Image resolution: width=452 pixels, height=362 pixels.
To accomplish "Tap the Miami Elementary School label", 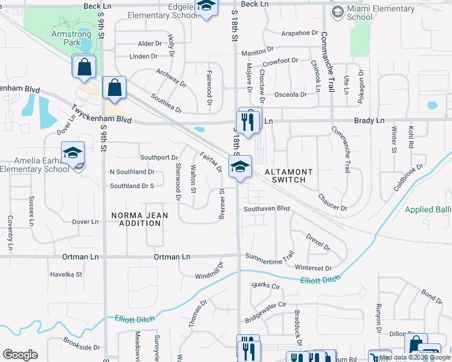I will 360,13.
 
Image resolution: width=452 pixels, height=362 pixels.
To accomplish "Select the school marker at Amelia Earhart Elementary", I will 73,154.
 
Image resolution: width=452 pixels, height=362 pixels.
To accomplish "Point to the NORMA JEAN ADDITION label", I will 137,219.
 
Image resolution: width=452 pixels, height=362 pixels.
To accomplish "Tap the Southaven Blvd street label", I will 267,209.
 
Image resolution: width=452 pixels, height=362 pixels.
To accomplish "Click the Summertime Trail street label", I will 269,255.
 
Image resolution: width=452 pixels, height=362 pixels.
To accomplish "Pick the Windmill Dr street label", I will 209,269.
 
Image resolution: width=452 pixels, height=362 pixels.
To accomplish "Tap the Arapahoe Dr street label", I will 291,33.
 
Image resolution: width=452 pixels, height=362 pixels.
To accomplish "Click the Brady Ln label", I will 369,121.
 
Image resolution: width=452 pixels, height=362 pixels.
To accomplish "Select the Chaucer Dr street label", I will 332,202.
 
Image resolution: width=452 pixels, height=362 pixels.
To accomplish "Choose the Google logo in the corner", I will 20,355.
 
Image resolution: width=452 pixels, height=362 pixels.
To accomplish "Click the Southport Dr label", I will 158,157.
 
